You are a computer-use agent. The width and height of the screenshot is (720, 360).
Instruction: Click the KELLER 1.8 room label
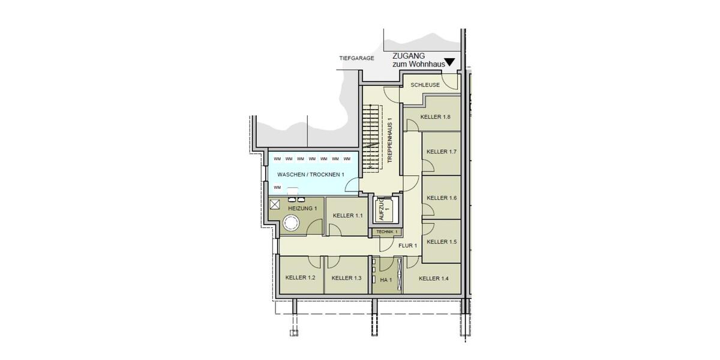click(435, 117)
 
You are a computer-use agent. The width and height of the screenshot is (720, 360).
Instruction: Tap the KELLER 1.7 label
click(442, 152)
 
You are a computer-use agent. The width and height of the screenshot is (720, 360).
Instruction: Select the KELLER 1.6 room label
click(442, 198)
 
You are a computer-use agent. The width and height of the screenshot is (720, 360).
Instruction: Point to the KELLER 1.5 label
click(442, 242)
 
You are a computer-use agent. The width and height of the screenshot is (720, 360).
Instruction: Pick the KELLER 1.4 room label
click(434, 278)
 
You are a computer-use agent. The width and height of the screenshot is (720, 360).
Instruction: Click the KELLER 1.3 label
click(346, 278)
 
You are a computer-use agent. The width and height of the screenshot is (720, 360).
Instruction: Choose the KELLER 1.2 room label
click(301, 278)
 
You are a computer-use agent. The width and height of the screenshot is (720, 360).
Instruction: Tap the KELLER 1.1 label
click(348, 215)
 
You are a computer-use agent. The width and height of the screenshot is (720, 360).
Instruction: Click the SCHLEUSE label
click(425, 85)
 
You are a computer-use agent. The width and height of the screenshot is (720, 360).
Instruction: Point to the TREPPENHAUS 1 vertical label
click(390, 140)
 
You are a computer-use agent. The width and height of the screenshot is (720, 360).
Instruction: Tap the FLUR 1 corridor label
click(407, 245)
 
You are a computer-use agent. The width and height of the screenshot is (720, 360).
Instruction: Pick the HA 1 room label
click(386, 280)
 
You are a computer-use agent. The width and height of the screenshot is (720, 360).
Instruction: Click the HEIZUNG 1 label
click(302, 208)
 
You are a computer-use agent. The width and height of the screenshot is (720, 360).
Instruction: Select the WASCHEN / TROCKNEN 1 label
click(311, 175)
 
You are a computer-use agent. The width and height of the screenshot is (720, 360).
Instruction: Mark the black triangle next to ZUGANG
click(449, 62)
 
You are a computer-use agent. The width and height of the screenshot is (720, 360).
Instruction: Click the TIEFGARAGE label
click(356, 58)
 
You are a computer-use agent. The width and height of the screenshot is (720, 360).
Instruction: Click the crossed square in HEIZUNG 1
click(275, 204)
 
